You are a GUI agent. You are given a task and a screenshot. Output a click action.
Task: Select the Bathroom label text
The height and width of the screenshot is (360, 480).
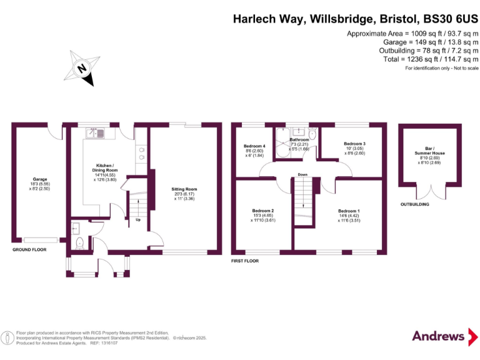coord(299,140)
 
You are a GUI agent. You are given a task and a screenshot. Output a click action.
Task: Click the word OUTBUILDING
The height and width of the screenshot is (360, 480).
coord(415,204)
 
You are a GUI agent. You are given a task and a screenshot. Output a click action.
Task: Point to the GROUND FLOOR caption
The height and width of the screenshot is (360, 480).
coord(29,249)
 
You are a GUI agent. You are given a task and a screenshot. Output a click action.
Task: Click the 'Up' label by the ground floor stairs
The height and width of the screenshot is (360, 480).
coord(137,219)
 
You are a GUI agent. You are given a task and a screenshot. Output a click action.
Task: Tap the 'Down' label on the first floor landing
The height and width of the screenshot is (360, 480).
coord(302,174)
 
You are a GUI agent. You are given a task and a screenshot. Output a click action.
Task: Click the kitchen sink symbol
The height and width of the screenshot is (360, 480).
coord(98,132)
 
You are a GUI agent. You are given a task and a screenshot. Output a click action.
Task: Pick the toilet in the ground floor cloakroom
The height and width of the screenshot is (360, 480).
coord(79,242)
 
